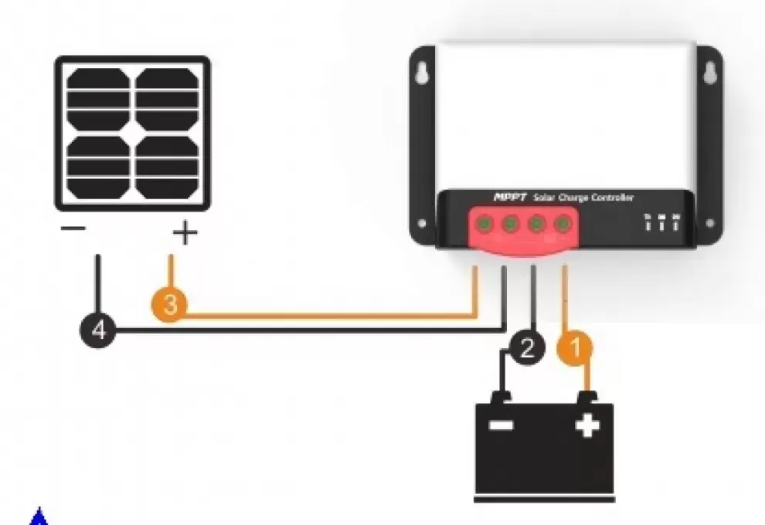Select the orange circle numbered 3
(x=171, y=304)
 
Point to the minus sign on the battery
(x=501, y=425)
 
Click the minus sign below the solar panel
(x=74, y=229)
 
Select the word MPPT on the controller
(x=510, y=198)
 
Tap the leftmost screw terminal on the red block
(x=481, y=225)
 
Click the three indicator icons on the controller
(x=661, y=222)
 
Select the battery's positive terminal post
(x=589, y=398)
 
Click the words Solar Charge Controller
(x=584, y=198)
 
